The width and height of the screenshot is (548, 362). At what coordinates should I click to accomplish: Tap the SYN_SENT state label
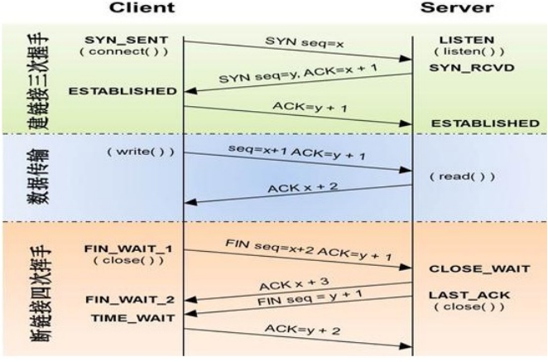coord(127,40)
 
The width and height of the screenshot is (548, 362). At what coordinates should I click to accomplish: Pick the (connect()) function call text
coord(127,52)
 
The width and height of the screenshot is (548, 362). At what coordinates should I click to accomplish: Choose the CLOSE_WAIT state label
coord(469,268)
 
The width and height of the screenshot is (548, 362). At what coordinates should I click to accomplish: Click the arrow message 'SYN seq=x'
coord(292,40)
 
